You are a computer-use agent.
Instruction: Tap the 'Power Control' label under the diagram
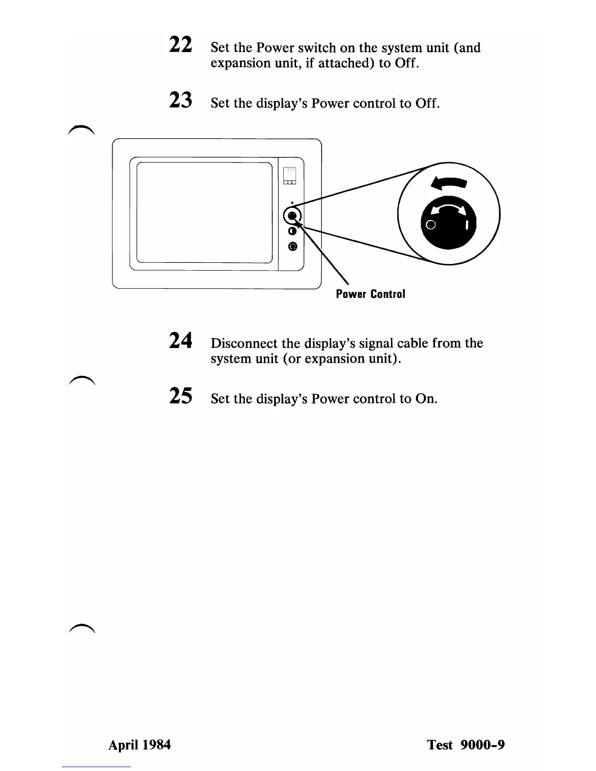(370, 294)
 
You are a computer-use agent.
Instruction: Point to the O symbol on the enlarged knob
(430, 225)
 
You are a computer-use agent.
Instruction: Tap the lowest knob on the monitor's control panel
(292, 246)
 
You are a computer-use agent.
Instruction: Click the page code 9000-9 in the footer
(482, 745)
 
